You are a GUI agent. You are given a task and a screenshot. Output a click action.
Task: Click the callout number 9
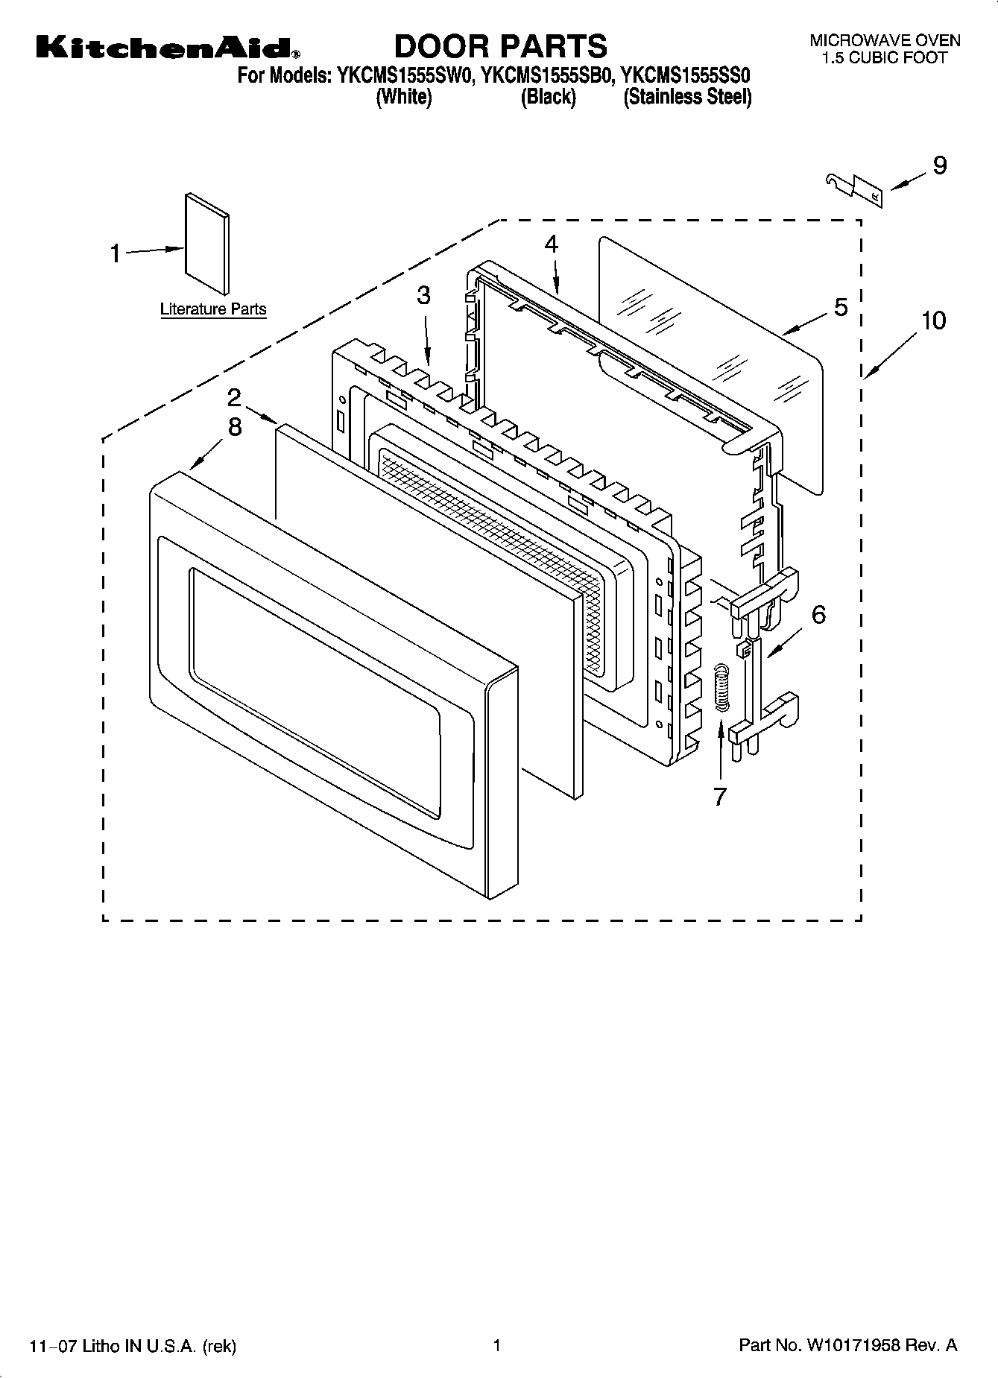[939, 165]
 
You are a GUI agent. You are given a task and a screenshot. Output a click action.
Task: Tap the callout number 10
[932, 320]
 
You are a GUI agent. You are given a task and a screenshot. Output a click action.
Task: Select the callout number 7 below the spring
[719, 797]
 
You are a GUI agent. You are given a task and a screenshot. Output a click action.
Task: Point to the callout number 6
[818, 615]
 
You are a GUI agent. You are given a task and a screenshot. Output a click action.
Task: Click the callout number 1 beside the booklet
[115, 254]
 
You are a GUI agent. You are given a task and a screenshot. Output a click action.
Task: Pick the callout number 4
[551, 244]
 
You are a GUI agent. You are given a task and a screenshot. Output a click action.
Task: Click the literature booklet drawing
[207, 244]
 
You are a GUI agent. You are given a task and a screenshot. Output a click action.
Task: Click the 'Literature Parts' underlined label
[213, 309]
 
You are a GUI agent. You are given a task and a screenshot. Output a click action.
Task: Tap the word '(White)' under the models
[403, 97]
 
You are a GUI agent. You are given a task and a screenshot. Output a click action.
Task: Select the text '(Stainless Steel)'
[687, 97]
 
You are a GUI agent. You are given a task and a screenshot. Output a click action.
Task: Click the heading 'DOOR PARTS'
[500, 46]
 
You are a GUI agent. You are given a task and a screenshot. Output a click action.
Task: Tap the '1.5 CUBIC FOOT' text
[885, 57]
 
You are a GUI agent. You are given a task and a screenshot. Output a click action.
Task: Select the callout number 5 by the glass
[841, 307]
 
